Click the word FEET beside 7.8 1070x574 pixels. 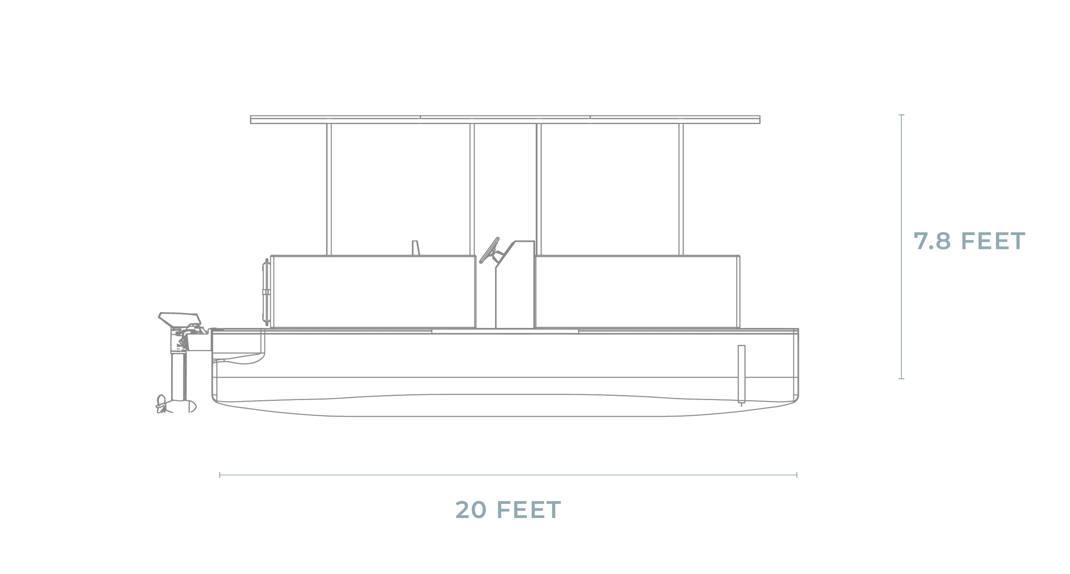tap(993, 242)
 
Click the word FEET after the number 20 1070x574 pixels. tap(529, 510)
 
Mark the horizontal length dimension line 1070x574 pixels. tap(508, 474)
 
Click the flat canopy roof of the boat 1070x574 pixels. tap(505, 119)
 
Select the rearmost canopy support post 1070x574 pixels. tap(329, 188)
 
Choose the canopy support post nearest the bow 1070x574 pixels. tap(681, 188)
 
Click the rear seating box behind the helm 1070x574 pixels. tap(372, 291)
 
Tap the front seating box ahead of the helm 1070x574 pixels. tap(638, 291)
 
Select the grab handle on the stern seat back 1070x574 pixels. tap(266, 291)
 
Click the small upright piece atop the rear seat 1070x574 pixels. tap(415, 248)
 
